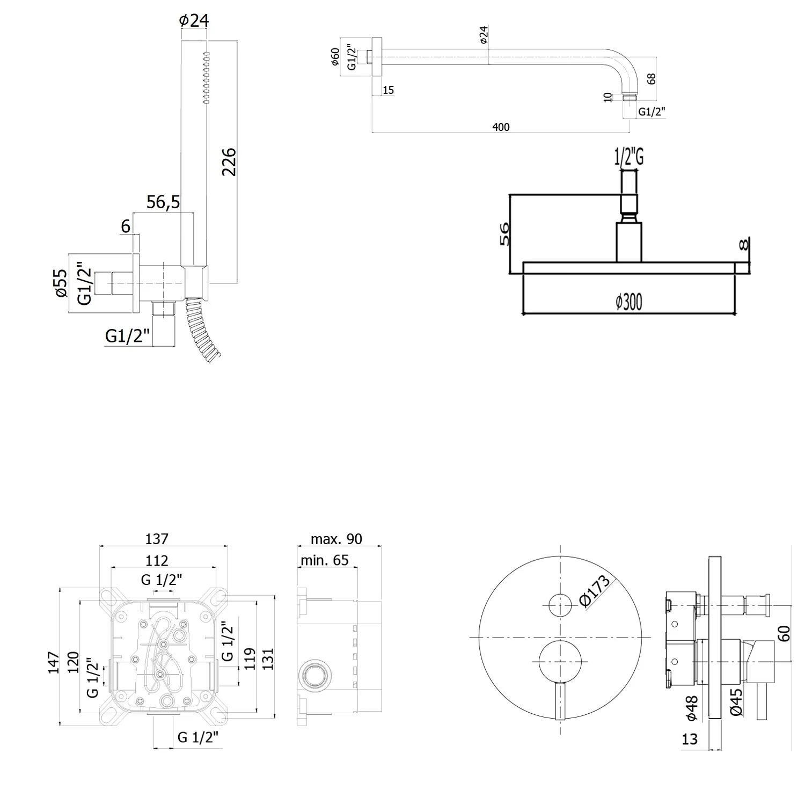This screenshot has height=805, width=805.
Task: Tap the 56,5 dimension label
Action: click(x=163, y=202)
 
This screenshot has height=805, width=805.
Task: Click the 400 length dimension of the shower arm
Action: click(x=501, y=127)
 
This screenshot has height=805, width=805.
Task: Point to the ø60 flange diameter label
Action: click(x=335, y=56)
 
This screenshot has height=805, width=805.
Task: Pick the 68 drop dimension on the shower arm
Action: click(x=652, y=79)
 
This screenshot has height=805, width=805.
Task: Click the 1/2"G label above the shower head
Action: click(x=628, y=157)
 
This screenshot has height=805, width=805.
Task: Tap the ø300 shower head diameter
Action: click(x=629, y=302)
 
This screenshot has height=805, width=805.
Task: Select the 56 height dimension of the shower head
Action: click(x=505, y=233)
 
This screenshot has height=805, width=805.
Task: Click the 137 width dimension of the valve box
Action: click(x=157, y=538)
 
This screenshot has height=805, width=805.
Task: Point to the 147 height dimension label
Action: click(x=53, y=662)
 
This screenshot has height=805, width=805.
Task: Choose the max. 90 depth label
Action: click(x=336, y=539)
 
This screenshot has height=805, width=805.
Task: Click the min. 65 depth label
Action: click(x=324, y=560)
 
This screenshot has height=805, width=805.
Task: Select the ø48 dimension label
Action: click(x=691, y=707)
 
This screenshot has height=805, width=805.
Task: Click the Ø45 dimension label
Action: click(x=736, y=702)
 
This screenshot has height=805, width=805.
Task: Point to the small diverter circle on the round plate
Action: click(x=560, y=605)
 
